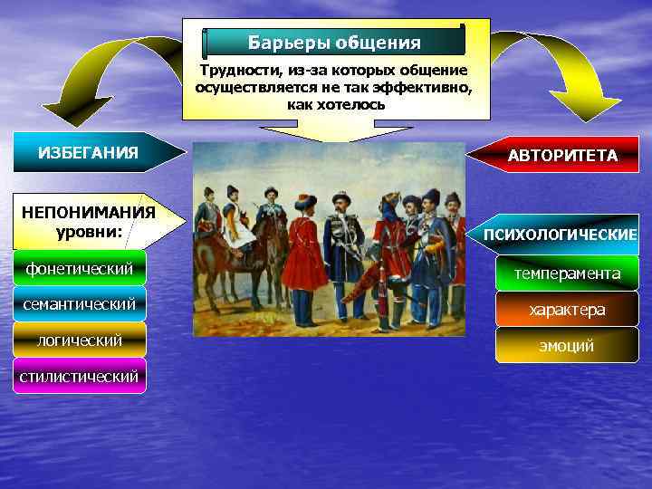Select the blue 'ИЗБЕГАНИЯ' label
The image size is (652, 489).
pos(89,152)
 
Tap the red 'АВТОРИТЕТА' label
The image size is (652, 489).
pos(562,156)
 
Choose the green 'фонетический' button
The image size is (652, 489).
pos(80,268)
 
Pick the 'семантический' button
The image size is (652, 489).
pos(80,303)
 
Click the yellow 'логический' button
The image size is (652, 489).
pos(80,340)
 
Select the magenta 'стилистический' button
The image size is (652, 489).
pos(80,376)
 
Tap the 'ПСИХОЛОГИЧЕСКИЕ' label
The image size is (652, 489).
pos(561,235)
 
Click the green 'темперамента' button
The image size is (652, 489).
pos(567,273)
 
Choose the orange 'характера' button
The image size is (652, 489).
pos(567,310)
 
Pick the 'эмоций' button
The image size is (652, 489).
pos(567,345)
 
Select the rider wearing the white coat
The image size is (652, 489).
pos(239,217)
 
